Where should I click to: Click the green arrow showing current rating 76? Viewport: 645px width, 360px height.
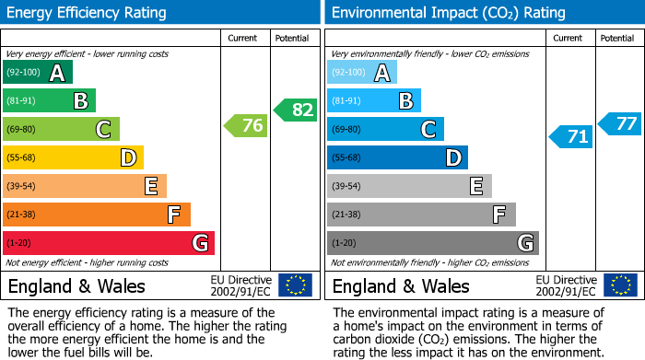pos(246,126)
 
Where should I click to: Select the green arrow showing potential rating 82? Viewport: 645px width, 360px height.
pos(296,110)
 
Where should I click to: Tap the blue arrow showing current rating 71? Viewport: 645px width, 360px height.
pos(570,137)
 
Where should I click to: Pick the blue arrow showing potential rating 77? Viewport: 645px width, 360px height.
pos(619,123)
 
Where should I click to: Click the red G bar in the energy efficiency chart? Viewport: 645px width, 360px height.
pos(109,243)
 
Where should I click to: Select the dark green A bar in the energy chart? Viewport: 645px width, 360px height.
pos(38,73)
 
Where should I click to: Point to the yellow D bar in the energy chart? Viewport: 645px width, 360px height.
pos(73,157)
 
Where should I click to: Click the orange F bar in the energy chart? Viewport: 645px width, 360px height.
pos(97,215)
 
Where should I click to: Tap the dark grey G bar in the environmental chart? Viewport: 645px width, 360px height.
pos(432,243)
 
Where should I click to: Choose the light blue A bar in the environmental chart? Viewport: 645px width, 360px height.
pos(362,73)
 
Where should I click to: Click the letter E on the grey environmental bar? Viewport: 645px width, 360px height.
pos(476,186)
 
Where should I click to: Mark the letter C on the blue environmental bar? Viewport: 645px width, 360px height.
pos(428,130)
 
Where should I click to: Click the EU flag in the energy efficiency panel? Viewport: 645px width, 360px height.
pos(295,285)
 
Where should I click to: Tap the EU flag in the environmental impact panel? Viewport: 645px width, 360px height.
pos(619,285)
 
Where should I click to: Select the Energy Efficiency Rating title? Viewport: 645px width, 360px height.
pos(88,13)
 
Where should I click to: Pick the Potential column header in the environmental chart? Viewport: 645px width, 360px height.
pos(617,38)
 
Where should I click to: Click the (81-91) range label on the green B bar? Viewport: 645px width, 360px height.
pos(21,101)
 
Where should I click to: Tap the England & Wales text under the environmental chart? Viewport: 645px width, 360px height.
pos(401,285)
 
